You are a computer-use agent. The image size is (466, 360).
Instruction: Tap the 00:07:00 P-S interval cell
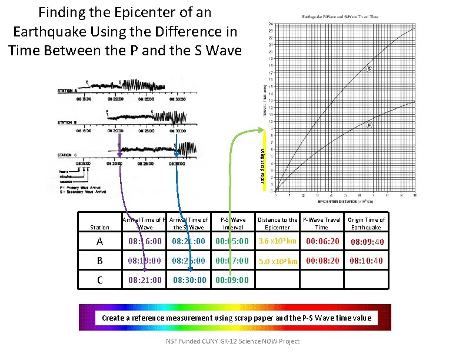pyautogui.click(x=232, y=261)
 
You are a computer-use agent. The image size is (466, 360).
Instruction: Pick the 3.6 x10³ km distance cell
pyautogui.click(x=277, y=241)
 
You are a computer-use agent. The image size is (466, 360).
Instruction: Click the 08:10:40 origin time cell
pyautogui.click(x=366, y=261)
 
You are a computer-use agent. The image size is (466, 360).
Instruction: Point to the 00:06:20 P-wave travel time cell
pyautogui.click(x=322, y=241)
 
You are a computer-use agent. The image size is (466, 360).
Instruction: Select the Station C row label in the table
pyautogui.click(x=99, y=280)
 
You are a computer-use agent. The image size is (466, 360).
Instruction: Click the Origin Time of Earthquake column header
pyautogui.click(x=366, y=224)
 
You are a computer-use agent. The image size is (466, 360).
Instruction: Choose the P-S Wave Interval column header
pyautogui.click(x=234, y=224)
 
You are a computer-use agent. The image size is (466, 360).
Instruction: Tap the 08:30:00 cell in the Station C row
pyautogui.click(x=189, y=280)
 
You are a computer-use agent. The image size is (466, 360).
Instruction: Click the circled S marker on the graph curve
pyautogui.click(x=370, y=69)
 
